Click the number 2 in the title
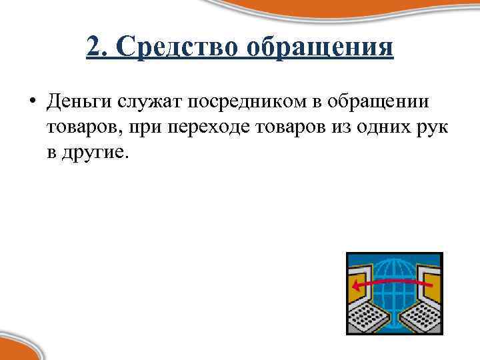pyautogui.click(x=93, y=48)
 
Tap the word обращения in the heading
pyautogui.click(x=321, y=48)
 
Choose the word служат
pyautogui.click(x=150, y=102)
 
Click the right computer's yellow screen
pyautogui.click(x=431, y=283)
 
